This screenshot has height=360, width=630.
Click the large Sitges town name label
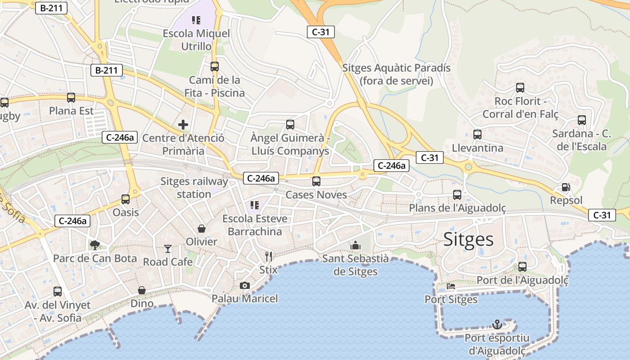pos(468,239)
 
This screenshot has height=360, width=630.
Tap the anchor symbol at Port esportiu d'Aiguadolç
pos(497,324)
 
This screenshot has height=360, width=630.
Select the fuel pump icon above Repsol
pos(566,187)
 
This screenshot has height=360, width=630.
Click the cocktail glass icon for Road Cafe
pos(168,248)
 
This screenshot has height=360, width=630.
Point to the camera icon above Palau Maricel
pos(245,285)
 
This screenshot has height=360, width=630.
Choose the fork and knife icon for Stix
pos(269,256)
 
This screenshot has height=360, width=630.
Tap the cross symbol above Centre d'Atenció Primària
pos(183,125)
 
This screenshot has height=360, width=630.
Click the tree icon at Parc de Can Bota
pos(94,245)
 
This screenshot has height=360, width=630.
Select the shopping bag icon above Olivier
pos(202,229)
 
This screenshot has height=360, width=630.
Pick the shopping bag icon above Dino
pos(142,290)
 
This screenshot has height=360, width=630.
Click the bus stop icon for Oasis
pos(126,199)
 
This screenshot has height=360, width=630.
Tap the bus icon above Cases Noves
pos(316,181)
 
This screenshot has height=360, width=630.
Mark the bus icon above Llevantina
pos(477,134)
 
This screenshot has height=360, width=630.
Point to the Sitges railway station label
pos(194,188)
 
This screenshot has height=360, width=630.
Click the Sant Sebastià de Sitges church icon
pos(355,245)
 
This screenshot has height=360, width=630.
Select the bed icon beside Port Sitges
pos(451,286)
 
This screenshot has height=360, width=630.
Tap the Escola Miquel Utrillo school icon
pos(196,20)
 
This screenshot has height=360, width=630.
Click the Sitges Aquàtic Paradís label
pos(396,74)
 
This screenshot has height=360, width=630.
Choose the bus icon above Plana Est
pos(71,98)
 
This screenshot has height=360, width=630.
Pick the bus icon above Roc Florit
pos(520,88)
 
